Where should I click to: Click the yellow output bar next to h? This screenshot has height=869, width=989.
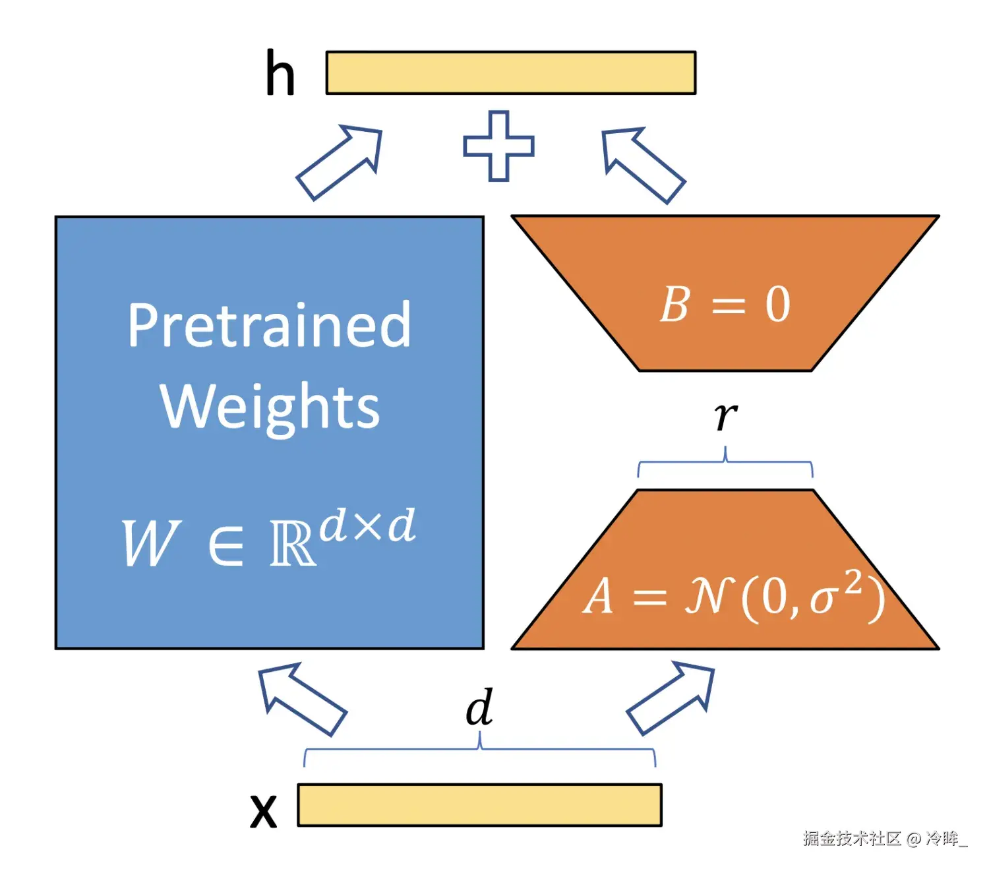510,73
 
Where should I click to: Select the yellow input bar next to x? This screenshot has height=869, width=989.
479,804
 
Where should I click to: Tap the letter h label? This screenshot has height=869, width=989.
280,73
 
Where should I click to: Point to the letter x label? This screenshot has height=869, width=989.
263,810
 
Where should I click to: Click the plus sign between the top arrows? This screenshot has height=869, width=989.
498,146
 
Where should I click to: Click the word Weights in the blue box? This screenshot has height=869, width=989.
270,406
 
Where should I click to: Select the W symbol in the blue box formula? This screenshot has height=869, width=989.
150,543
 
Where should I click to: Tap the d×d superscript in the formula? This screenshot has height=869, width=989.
368,526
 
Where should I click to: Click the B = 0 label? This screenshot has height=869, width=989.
725,305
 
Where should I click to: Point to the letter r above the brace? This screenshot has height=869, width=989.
725,417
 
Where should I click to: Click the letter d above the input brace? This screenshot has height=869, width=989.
479,707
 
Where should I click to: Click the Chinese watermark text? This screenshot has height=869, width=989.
884,838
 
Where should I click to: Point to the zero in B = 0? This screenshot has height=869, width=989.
777,305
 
